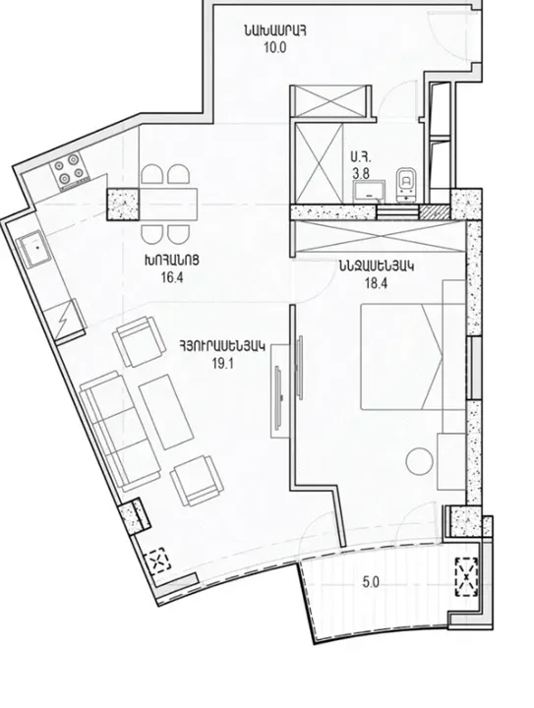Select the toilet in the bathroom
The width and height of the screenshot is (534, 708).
pyautogui.click(x=404, y=183)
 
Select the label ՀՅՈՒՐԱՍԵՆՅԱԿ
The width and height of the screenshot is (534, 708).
pyautogui.click(x=222, y=345)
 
